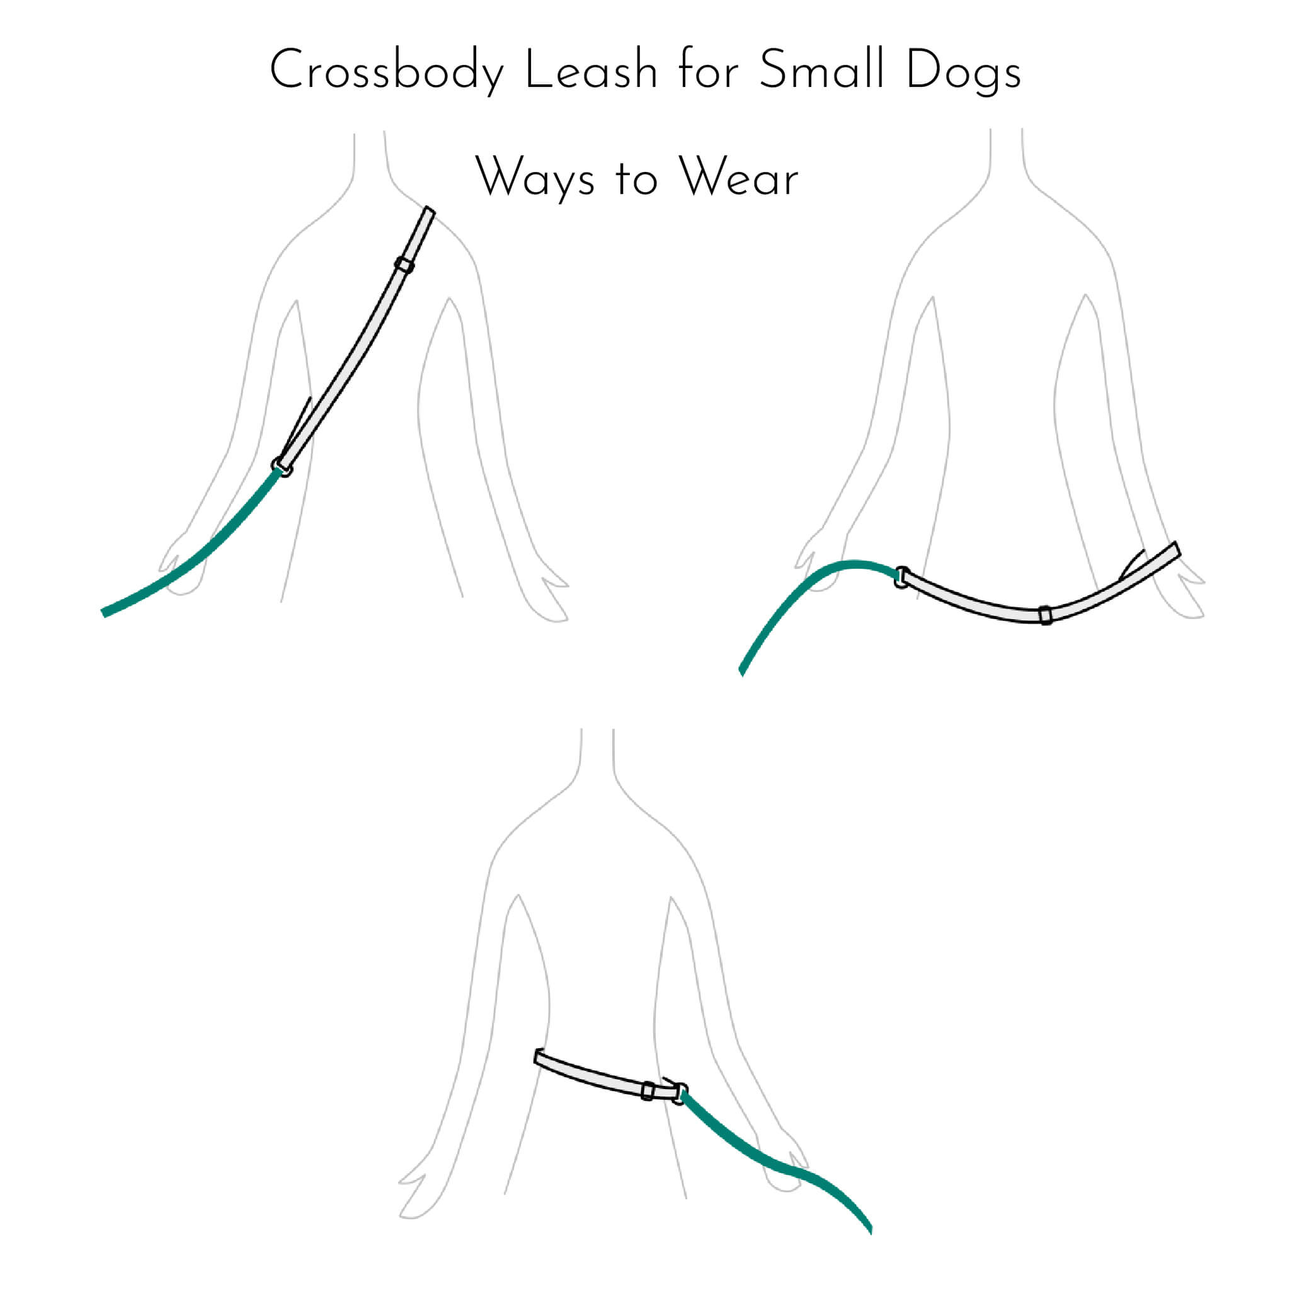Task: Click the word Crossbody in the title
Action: pos(386,71)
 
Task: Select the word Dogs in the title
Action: pos(964,72)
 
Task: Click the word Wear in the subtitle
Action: pos(738,177)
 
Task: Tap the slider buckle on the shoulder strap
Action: pos(404,265)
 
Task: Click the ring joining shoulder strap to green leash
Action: pos(282,467)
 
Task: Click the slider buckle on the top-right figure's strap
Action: pos(1046,614)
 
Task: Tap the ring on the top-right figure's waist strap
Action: pos(901,578)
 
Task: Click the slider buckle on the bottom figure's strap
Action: pos(647,1091)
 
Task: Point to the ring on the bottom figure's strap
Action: pos(678,1093)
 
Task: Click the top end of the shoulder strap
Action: pos(429,210)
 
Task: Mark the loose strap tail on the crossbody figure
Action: pos(296,427)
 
